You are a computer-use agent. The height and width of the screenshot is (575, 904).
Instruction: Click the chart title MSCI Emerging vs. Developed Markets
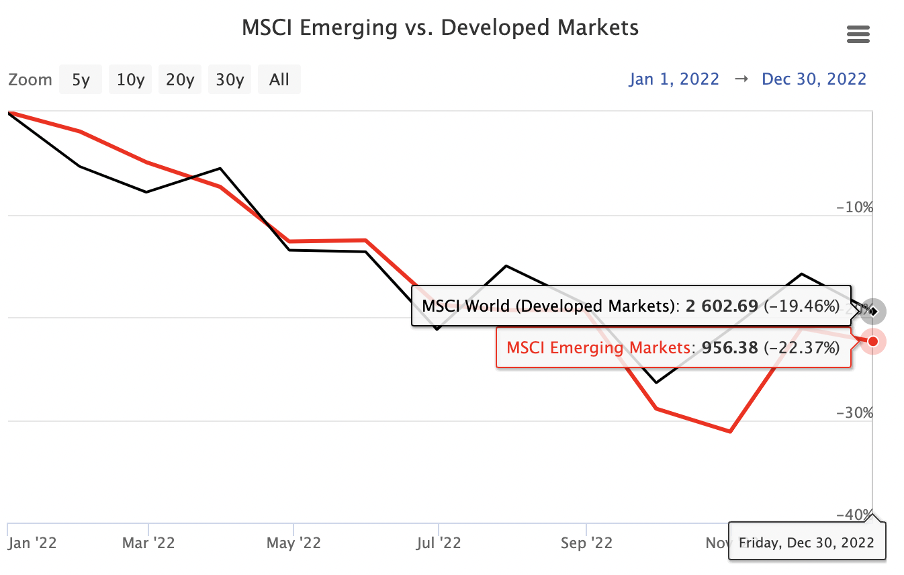pyautogui.click(x=440, y=28)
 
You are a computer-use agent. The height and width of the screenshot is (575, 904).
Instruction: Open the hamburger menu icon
pyautogui.click(x=858, y=34)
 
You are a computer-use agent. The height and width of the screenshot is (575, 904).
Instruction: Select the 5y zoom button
pyautogui.click(x=81, y=80)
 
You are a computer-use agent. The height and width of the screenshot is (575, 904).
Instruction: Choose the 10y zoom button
pyautogui.click(x=130, y=80)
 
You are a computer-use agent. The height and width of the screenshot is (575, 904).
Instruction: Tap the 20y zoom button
pyautogui.click(x=180, y=80)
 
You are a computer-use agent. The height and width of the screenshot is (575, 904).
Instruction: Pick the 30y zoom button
pyautogui.click(x=230, y=80)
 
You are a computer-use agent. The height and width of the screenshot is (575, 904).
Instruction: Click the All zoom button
pyautogui.click(x=279, y=80)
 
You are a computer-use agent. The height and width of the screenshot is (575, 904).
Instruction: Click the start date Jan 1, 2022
pyautogui.click(x=674, y=79)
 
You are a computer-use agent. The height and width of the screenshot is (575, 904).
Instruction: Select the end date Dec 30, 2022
pyautogui.click(x=814, y=79)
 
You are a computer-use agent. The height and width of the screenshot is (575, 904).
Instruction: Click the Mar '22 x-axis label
pyautogui.click(x=148, y=543)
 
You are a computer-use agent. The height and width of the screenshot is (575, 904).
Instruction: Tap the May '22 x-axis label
pyautogui.click(x=294, y=543)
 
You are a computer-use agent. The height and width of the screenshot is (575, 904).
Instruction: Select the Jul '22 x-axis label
pyautogui.click(x=439, y=543)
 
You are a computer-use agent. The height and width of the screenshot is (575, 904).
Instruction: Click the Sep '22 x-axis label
pyautogui.click(x=587, y=543)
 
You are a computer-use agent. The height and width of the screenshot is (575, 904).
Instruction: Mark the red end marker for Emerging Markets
pyautogui.click(x=872, y=341)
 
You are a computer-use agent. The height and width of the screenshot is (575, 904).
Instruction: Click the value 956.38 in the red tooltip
pyautogui.click(x=729, y=347)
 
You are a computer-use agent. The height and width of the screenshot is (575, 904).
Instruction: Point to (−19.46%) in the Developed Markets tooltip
pyautogui.click(x=802, y=306)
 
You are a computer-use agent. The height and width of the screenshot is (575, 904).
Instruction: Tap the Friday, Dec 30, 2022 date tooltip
pyautogui.click(x=807, y=542)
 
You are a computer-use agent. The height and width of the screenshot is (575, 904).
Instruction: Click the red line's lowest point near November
pyautogui.click(x=729, y=431)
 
